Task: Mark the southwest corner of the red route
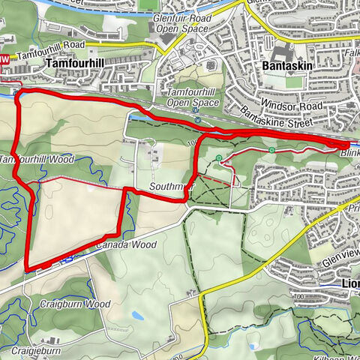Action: click(27, 268)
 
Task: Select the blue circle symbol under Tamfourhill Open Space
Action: click(196, 118)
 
